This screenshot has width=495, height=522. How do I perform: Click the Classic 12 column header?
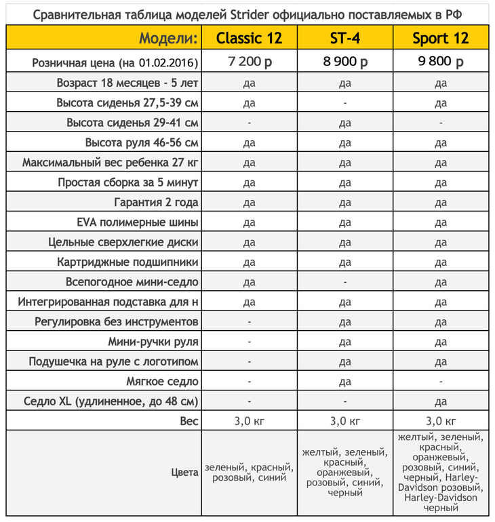point(249,38)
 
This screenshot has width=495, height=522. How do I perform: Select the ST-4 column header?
point(344,38)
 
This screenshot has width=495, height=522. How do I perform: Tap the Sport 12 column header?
point(440,38)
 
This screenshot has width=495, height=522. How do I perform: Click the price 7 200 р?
point(249,62)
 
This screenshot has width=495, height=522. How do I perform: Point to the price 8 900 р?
point(344,62)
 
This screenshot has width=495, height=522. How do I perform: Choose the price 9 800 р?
point(440,62)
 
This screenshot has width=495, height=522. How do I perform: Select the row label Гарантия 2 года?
point(156,203)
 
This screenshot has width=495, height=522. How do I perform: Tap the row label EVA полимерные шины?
point(138,222)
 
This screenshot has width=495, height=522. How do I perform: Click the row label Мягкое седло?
point(162,382)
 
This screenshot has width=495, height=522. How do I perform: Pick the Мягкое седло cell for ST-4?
point(344,382)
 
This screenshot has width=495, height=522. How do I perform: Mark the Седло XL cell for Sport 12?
point(440,401)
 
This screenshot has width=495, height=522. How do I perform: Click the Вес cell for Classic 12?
point(249,421)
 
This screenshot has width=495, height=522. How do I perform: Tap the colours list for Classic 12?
point(249,473)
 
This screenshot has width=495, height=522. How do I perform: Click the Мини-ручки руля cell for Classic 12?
point(249,342)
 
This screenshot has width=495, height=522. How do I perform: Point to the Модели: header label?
point(168,38)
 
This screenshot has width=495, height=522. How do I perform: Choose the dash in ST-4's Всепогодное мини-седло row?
point(344,282)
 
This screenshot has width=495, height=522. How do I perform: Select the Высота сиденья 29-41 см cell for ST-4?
point(344,123)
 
